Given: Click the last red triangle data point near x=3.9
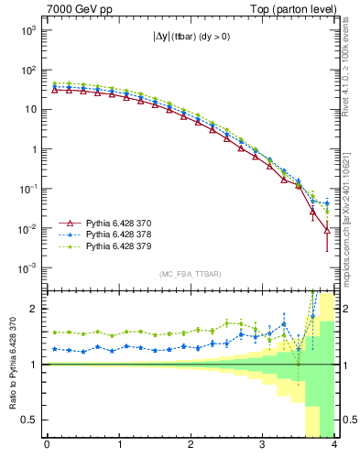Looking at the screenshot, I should pos(327,231).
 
